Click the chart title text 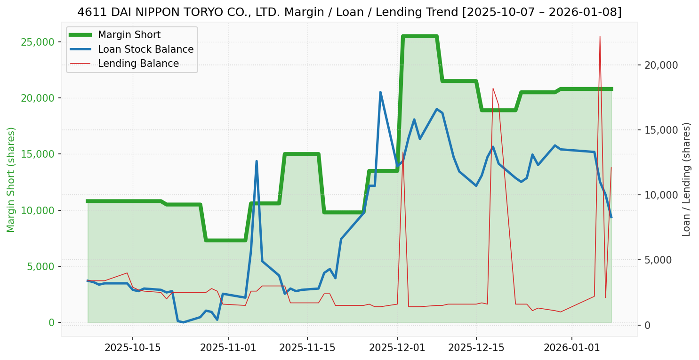349,12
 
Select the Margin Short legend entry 129,35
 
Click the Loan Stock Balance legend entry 145,49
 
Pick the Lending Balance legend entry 138,64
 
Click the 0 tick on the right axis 648,325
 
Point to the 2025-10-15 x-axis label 132,348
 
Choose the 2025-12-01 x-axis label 397,348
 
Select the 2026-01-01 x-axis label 572,348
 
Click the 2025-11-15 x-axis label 307,348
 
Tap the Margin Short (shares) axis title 11,179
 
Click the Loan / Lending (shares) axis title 687,179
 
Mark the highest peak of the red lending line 600,36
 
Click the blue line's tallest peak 380,92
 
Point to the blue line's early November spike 257,161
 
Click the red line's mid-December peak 493,88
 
